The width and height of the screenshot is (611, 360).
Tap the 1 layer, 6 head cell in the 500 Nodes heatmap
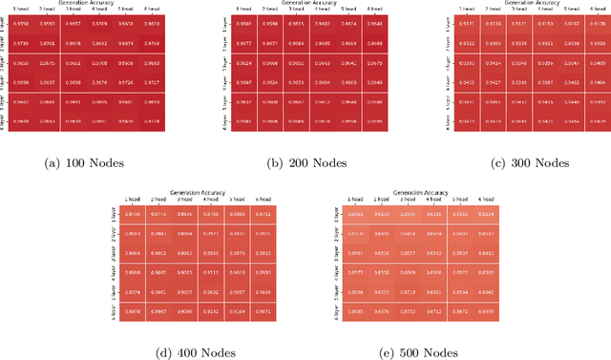click(485, 214)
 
